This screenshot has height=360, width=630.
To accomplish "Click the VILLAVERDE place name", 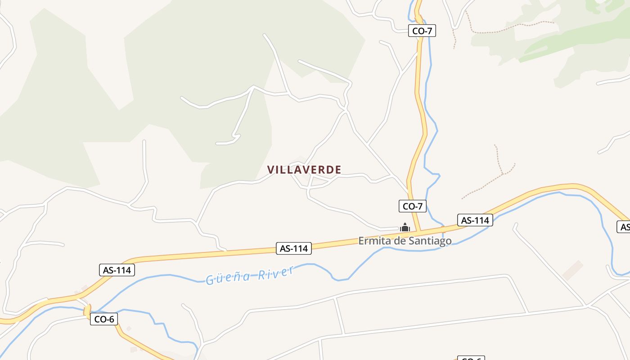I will tap(304, 170).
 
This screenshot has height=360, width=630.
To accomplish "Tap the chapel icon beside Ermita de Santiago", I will tap(405, 228).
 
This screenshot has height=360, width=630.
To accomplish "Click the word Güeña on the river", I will tap(228, 277).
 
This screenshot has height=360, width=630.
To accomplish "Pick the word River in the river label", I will tap(276, 273).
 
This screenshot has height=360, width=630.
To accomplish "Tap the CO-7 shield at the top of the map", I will tap(422, 31).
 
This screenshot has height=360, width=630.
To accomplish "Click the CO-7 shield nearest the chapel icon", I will tap(413, 206).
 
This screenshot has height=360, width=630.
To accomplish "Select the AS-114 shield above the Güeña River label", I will tap(294, 248).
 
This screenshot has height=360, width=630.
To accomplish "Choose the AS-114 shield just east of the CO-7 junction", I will tap(475, 220).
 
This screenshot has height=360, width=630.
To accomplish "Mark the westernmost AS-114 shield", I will tap(117, 270).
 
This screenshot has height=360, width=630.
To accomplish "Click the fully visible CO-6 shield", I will tap(104, 319).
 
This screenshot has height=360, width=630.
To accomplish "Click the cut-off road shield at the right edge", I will tap(624, 227).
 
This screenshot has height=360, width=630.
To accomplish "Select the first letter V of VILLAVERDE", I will tap(270, 170).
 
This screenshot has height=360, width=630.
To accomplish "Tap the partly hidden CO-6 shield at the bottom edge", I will tap(471, 358).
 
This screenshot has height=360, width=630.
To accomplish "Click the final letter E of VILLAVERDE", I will tap(338, 170).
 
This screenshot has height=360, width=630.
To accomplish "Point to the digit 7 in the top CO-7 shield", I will tap(430, 31).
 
